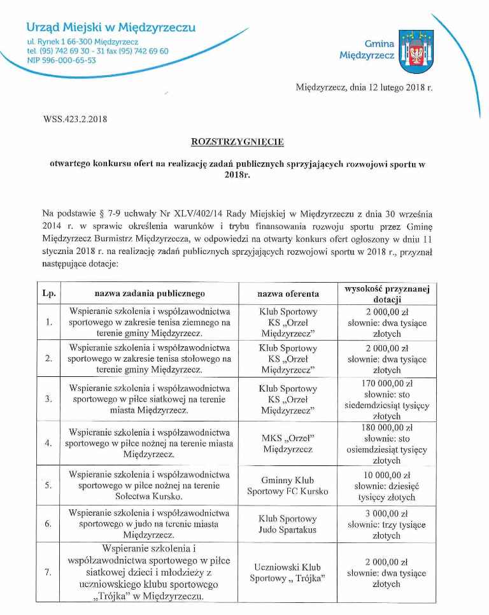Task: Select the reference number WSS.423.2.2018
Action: click(75, 118)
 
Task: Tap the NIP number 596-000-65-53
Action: click(62, 60)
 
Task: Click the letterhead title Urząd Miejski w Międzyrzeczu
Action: click(111, 27)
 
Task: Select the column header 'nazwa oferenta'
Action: click(288, 293)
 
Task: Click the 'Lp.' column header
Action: click(49, 293)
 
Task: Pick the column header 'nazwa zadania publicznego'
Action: click(150, 293)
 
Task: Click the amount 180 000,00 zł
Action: click(388, 427)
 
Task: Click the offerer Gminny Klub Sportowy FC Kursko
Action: click(288, 486)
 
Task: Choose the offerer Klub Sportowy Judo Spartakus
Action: click(288, 525)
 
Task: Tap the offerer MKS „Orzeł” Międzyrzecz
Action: click(288, 443)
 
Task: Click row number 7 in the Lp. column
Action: click(49, 572)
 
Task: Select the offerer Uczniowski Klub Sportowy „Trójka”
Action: click(288, 572)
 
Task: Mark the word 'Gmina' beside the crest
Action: click(379, 44)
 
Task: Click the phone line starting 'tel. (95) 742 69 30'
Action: click(97, 51)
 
